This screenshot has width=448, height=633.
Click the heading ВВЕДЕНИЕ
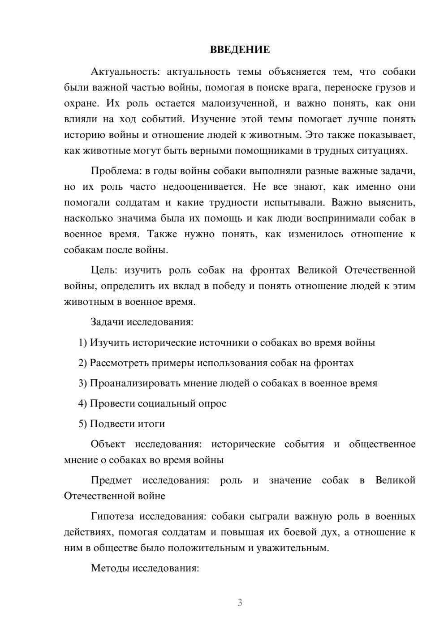pos(240,50)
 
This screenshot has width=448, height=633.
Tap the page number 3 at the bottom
pos(240,603)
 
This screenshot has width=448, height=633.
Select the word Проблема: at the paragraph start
pos(113,171)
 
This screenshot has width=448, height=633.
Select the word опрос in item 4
pos(212,403)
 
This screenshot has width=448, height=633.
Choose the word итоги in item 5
pos(151,423)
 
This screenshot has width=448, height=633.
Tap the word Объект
pos(108,444)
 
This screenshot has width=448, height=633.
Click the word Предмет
pos(111,480)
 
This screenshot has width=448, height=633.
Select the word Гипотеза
pos(112,516)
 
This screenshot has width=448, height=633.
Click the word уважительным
pos(292,548)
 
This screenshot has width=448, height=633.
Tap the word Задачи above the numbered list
pos(107,322)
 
